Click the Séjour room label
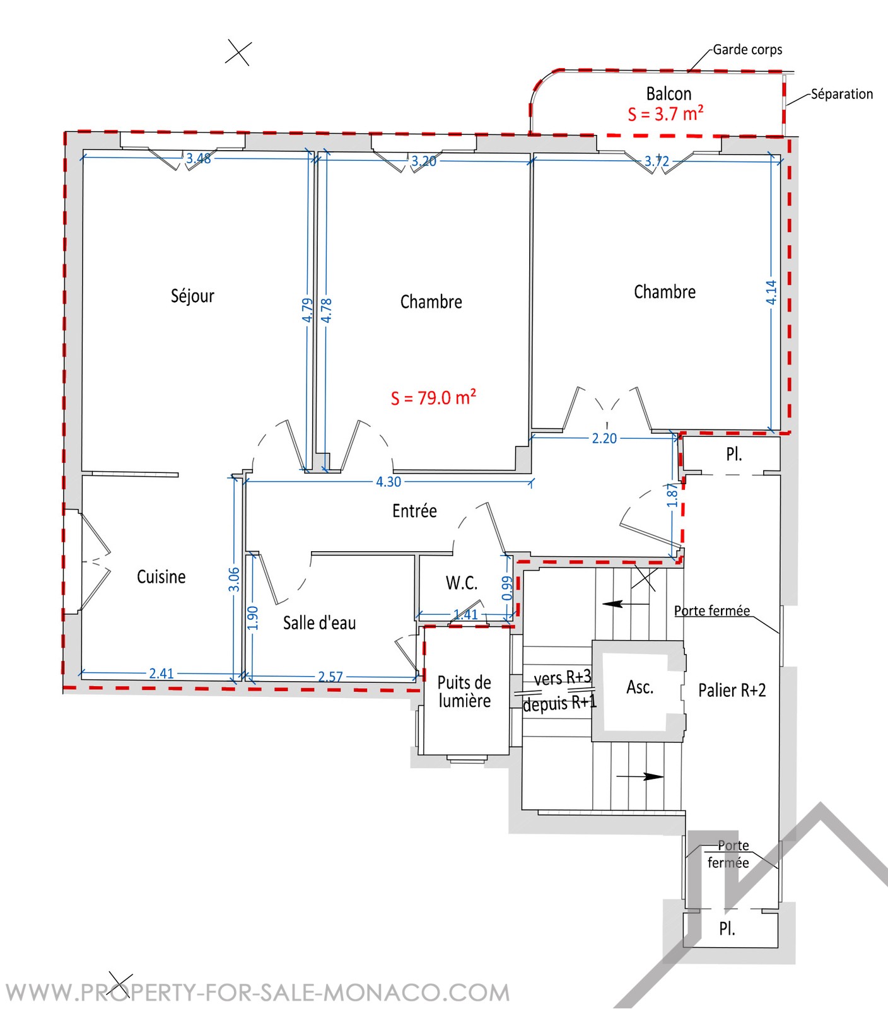point(192,296)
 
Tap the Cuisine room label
point(161,576)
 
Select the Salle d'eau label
point(319,623)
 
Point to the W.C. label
point(462,583)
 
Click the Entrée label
point(414,510)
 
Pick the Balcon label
point(669,93)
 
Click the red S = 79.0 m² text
point(433,397)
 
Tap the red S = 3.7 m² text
point(665,114)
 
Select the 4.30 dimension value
point(389,482)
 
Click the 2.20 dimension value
point(604,438)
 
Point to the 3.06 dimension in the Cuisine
point(234,579)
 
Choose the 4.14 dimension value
point(771,292)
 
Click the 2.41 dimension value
point(161,674)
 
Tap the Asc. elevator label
point(640,687)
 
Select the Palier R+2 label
point(732,690)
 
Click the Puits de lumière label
point(464,692)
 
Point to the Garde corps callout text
point(747,50)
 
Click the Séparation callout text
point(842,94)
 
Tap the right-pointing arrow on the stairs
point(640,776)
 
